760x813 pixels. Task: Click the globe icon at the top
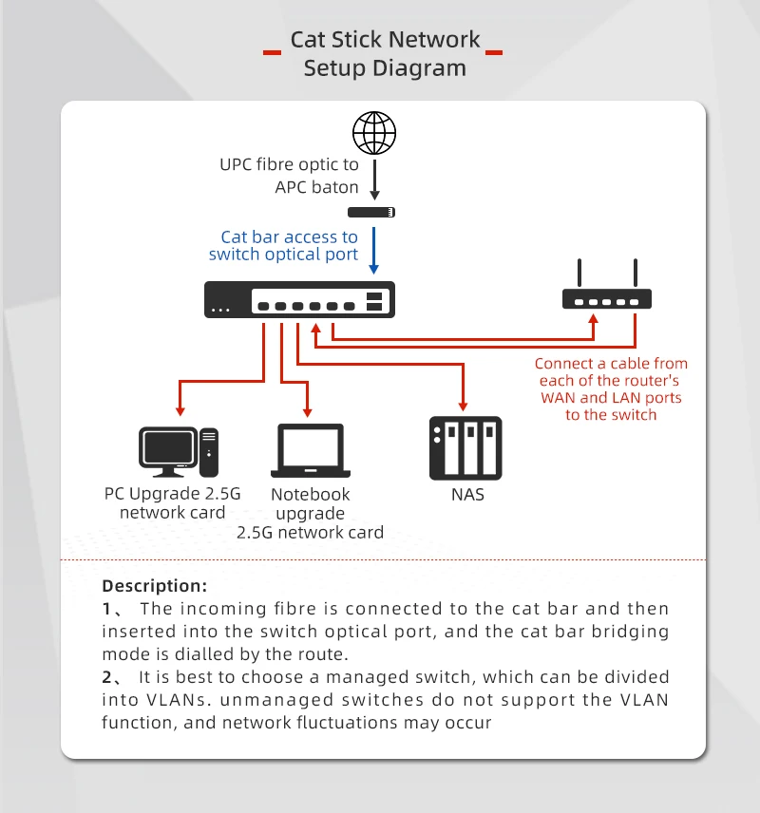[374, 133]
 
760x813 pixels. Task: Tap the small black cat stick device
[371, 213]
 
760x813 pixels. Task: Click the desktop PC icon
[179, 450]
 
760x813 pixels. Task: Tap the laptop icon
[310, 451]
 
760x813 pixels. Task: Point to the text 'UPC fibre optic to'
[290, 164]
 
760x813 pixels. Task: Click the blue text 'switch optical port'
[283, 255]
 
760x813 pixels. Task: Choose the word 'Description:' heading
[154, 585]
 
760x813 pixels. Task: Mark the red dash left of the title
[272, 50]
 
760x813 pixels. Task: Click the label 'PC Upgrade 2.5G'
[173, 494]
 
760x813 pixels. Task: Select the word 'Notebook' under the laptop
[310, 494]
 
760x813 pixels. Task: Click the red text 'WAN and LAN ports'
[611, 398]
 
